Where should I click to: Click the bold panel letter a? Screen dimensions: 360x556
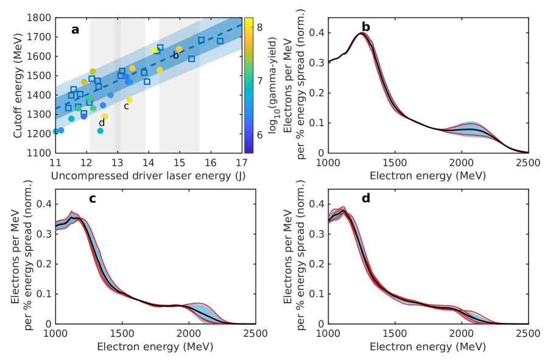(x=76, y=29)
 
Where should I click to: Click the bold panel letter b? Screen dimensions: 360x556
(x=366, y=27)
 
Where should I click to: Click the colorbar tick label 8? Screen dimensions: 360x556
(x=259, y=27)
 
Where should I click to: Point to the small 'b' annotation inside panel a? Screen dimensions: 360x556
(x=175, y=55)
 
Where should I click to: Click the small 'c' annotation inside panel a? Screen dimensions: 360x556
(x=126, y=106)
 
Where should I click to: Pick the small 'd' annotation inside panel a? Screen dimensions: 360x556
(x=101, y=124)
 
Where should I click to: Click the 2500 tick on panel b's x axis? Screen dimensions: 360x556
(x=527, y=161)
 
